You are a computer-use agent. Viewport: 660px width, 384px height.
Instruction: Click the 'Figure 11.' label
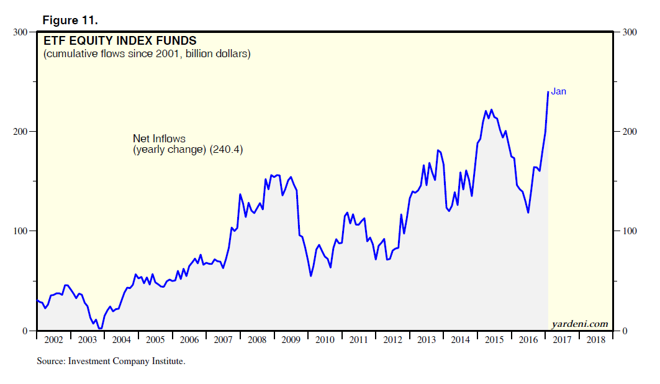70,20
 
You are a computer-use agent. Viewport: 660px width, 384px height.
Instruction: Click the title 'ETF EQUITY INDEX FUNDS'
119,42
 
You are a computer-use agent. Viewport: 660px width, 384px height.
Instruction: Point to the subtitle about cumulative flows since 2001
147,54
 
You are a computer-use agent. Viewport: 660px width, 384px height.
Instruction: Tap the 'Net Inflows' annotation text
160,139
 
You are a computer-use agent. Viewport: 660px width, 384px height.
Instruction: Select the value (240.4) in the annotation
225,150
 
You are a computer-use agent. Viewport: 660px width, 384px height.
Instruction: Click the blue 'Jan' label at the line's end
559,91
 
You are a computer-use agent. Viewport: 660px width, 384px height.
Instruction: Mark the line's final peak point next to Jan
548,92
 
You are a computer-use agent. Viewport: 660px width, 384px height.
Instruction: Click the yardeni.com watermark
579,324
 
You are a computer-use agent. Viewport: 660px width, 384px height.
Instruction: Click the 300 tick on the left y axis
21,32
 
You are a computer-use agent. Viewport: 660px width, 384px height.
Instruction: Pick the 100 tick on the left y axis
21,231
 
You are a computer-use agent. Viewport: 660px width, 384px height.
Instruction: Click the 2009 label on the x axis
291,340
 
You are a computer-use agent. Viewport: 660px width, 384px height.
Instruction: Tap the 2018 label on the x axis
595,340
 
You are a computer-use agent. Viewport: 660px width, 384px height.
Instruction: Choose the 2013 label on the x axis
427,340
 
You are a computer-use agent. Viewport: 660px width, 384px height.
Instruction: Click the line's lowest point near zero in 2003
99,329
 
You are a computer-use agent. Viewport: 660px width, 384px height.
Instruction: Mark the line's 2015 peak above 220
491,110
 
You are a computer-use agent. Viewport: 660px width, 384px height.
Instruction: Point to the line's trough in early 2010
311,275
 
